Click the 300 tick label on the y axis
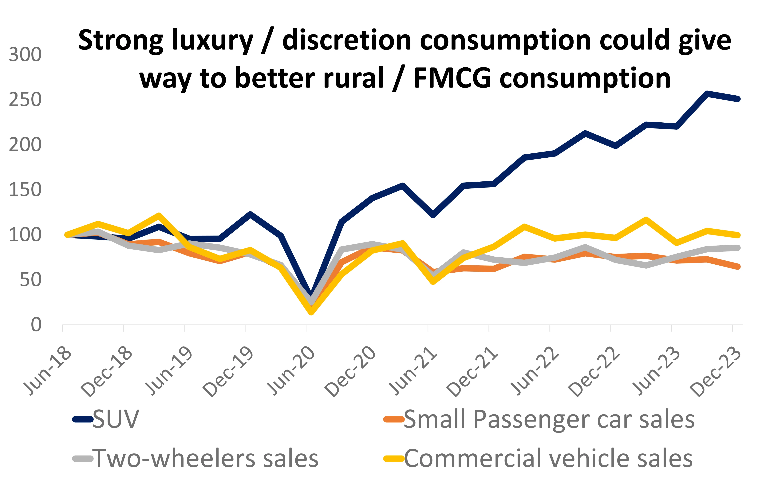point(25,55)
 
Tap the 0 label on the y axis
point(36,325)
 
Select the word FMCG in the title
point(452,78)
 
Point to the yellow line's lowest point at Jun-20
point(311,312)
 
